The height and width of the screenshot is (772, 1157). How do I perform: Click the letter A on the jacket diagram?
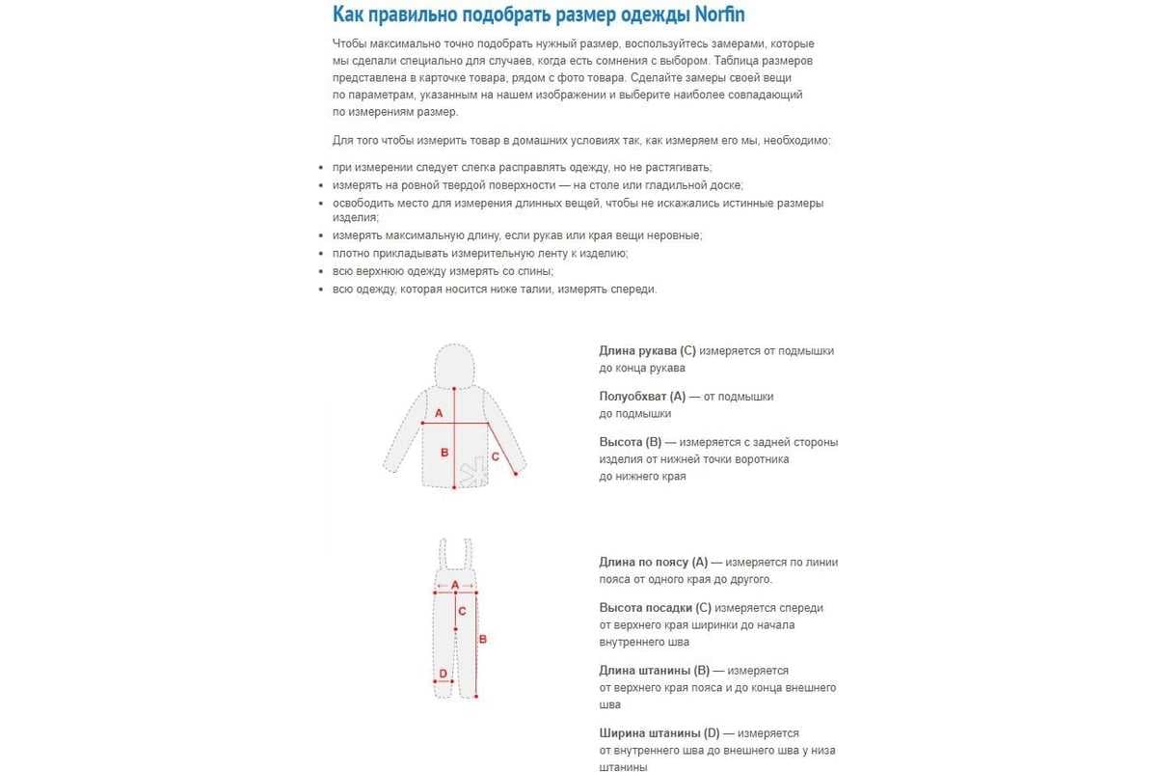click(439, 413)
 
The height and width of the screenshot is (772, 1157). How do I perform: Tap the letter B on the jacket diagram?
click(444, 452)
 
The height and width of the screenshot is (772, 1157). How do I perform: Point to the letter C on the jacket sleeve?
click(496, 456)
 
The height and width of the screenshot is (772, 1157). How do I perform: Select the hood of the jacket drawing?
click(453, 366)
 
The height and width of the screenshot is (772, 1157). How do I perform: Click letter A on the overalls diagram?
click(455, 585)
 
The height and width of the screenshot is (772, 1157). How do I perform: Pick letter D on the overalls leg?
click(443, 674)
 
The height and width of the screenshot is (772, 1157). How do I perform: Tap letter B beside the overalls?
click(483, 638)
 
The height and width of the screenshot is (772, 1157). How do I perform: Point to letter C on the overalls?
click(462, 611)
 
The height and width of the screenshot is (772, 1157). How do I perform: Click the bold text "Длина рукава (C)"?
click(647, 350)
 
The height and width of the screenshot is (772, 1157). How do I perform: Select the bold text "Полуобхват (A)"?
click(642, 396)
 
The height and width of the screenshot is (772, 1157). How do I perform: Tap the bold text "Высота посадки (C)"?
click(655, 608)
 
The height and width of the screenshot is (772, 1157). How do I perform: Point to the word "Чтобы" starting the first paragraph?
click(349, 44)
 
